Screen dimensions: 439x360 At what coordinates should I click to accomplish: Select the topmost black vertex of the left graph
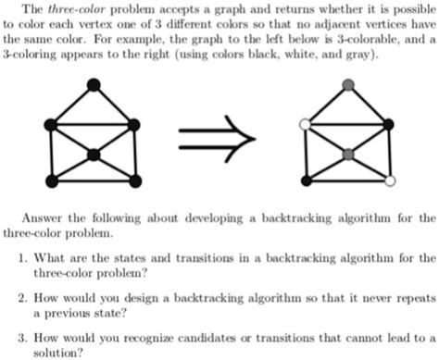pyautogui.click(x=94, y=86)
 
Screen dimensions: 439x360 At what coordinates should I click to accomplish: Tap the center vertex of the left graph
pyautogui.click(x=94, y=153)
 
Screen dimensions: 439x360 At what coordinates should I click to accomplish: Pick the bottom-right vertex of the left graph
pyautogui.click(x=136, y=181)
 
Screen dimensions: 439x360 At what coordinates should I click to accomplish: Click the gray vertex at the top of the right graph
pyautogui.click(x=346, y=86)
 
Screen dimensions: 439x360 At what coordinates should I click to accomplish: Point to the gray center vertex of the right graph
pyautogui.click(x=346, y=153)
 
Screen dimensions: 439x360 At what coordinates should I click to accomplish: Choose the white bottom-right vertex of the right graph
pyautogui.click(x=389, y=181)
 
